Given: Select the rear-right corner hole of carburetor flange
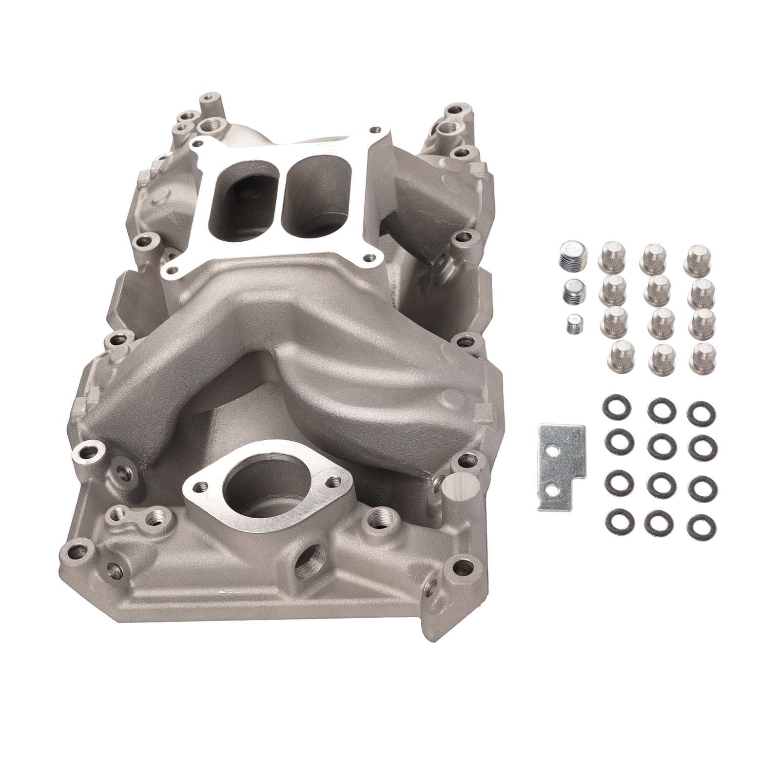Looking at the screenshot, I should click(x=374, y=130).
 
